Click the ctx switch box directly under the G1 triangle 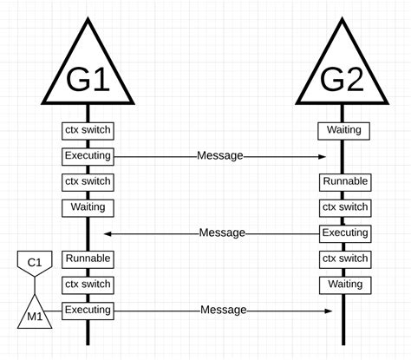[x=88, y=130]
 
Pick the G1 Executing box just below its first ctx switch [x=88, y=156]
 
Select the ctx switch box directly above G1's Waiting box [x=88, y=182]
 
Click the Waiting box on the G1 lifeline [x=88, y=207]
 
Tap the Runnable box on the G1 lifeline [x=88, y=259]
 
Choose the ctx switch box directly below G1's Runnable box [x=88, y=284]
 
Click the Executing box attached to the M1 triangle [x=88, y=310]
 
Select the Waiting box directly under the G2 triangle [x=344, y=130]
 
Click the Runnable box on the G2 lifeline [x=344, y=182]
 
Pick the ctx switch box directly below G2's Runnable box [x=344, y=207]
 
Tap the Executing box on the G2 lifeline [x=344, y=233]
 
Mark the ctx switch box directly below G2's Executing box [x=344, y=259]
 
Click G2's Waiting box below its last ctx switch [x=344, y=284]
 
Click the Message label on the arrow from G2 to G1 [x=222, y=233]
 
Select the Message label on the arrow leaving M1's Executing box [x=224, y=310]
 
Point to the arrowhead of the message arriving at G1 [x=108, y=233]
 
